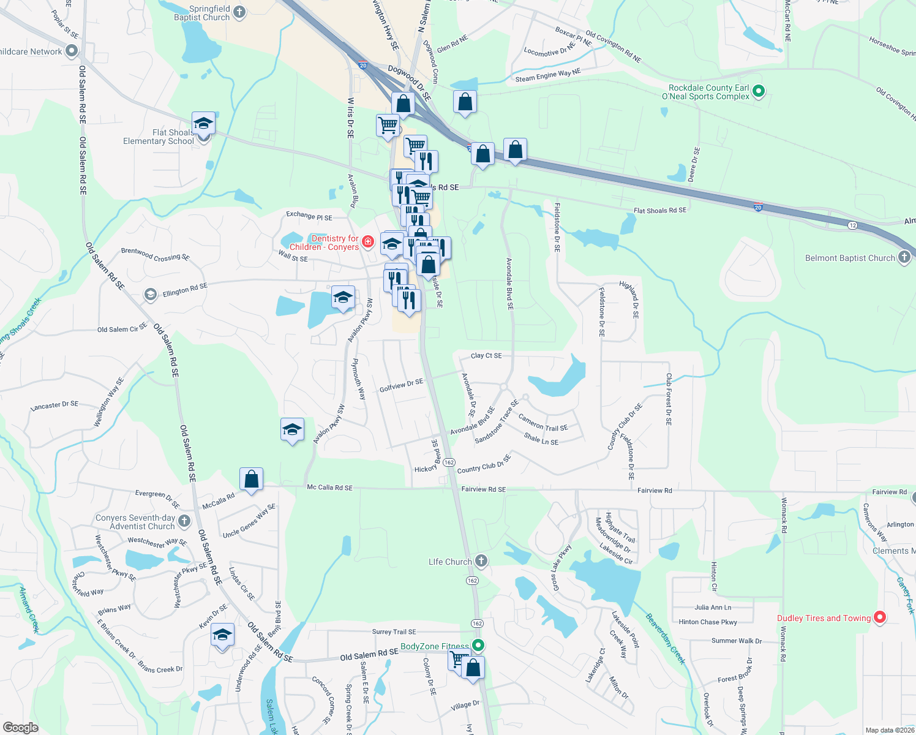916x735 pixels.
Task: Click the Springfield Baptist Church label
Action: coord(201,13)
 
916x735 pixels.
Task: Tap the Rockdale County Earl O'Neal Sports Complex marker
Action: coord(759,92)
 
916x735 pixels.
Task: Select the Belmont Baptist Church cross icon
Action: coord(904,257)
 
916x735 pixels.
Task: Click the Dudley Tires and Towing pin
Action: coord(880,617)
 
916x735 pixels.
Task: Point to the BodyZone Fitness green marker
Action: coord(479,645)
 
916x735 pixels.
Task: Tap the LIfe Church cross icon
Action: coord(482,561)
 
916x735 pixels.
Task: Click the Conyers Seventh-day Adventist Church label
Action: coord(135,522)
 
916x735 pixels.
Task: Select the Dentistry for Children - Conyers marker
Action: coord(368,242)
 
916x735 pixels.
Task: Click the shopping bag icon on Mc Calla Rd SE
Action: coord(251,480)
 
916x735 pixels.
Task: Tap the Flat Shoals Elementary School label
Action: coord(159,137)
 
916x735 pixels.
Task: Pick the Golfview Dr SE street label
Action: coord(401,385)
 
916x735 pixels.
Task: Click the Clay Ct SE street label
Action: coord(486,355)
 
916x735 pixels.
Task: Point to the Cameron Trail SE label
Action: coord(542,422)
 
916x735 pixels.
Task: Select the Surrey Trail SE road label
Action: coord(394,631)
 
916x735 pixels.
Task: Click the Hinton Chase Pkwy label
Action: coord(708,622)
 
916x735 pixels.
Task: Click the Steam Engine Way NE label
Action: coord(547,75)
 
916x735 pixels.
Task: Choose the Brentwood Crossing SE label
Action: coord(156,254)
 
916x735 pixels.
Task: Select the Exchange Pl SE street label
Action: coord(309,216)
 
